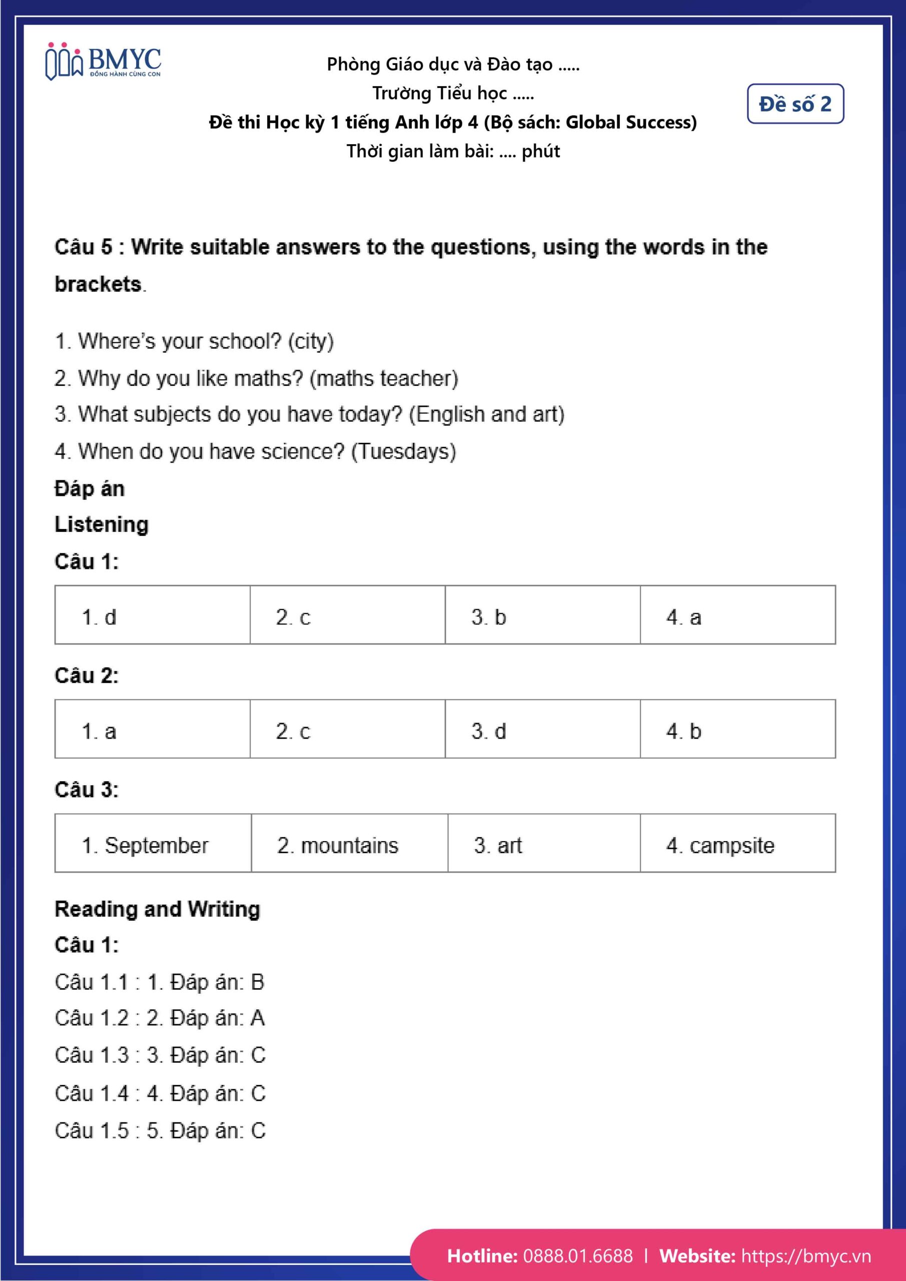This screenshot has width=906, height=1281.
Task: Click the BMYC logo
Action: coord(103,62)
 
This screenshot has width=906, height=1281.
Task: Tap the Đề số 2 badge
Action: coord(795,104)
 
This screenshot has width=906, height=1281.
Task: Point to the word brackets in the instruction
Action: coord(98,284)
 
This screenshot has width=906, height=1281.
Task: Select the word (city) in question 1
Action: coord(311,341)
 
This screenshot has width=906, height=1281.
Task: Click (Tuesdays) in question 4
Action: coord(403,451)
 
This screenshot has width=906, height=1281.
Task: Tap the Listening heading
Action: coord(102,524)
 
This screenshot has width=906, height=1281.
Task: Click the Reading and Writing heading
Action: coord(157,909)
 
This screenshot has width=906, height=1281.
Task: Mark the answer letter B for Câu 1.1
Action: coord(257,982)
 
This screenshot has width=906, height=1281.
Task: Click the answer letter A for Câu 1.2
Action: coord(257,1018)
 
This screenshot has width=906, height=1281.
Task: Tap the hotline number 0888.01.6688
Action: coord(578,1256)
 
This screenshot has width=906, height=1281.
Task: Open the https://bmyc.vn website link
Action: coord(805,1256)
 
